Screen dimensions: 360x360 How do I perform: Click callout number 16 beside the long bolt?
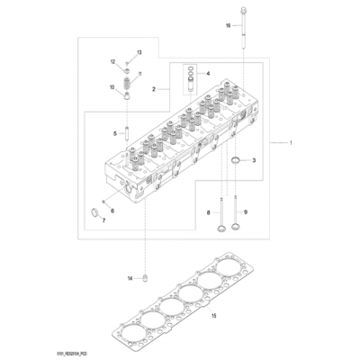(228, 26)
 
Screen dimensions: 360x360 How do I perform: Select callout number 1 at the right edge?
(290, 142)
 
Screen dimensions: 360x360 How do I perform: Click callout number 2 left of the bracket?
(155, 90)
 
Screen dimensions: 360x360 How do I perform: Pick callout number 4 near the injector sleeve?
(208, 74)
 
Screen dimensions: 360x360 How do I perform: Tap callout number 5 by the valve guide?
(115, 133)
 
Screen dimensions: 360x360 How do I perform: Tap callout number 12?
(113, 61)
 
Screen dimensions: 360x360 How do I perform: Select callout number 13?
(139, 53)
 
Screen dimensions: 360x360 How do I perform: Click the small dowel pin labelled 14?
(144, 278)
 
